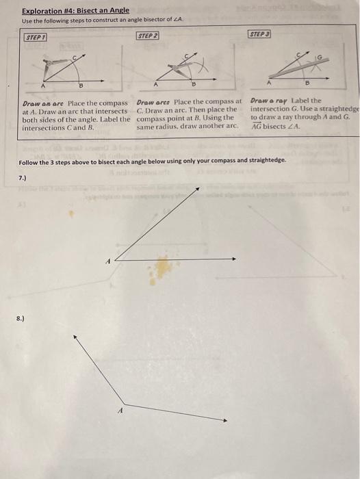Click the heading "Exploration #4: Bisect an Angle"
point(75,12)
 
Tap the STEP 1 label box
point(36,38)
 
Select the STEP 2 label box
point(147,35)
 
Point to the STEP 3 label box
point(259,34)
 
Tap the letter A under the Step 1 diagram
point(42,86)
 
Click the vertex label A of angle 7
point(107,259)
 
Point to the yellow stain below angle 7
point(164,269)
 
